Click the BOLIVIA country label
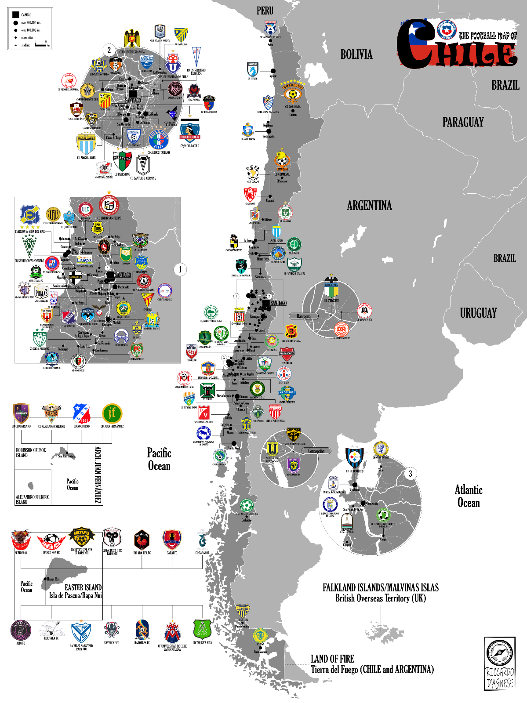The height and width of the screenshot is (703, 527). pos(356,54)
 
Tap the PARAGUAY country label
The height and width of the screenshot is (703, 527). pos(463,122)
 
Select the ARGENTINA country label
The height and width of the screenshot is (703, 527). pos(369,206)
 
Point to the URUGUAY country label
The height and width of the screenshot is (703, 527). pos(478,313)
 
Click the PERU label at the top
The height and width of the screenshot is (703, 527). pos(265,11)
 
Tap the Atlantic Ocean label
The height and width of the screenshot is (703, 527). pos(469,496)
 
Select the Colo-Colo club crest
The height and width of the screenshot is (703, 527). pos(190,132)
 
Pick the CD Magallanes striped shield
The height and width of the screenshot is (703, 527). pos(86,144)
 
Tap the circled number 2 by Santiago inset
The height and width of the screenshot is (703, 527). pos(109,50)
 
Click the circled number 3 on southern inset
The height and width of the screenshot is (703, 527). pos(411,474)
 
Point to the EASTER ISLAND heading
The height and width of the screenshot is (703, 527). pos(83,587)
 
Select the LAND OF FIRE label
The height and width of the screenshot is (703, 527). pos(332,659)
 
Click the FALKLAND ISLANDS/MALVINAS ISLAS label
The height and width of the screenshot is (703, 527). pos(381,587)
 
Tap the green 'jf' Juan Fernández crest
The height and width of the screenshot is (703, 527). pos(112,413)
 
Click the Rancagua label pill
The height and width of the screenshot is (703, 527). pos(304,316)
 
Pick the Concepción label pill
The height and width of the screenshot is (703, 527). pos(316,451)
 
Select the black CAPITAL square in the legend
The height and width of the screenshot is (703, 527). pos(16,14)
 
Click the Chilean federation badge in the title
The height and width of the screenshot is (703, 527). pos(447,31)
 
